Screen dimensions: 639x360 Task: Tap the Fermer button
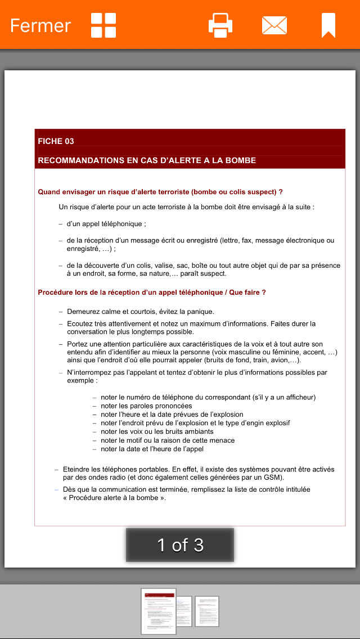coord(40,25)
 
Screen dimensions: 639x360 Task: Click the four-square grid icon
coord(103,25)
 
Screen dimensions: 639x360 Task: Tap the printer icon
coord(220,25)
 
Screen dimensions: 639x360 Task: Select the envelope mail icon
coord(274,25)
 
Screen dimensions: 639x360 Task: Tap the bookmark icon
coord(328,25)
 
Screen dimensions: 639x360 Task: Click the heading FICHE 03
coord(56,141)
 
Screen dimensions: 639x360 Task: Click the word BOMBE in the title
coord(241,160)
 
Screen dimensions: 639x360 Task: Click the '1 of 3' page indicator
coord(180,544)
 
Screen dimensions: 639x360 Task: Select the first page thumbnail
coord(159,611)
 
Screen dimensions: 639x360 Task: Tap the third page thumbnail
coord(207,611)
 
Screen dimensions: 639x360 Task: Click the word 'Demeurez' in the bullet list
coord(84,312)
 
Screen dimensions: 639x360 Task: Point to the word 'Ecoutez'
coord(81,324)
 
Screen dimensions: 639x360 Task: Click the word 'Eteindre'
coord(78,469)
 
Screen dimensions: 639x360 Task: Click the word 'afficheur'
coord(298,397)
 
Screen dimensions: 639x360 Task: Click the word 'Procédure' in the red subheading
coord(56,292)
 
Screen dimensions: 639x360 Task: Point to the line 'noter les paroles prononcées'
coord(146,406)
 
